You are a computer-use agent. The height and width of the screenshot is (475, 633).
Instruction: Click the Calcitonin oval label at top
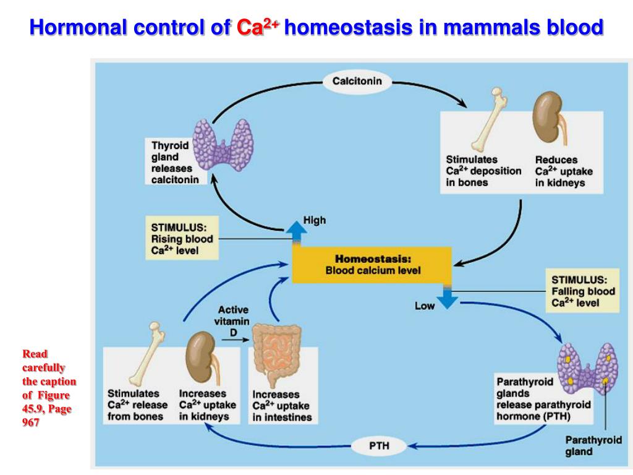pos(357,81)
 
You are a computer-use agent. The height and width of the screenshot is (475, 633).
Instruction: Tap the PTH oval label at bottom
pos(379,445)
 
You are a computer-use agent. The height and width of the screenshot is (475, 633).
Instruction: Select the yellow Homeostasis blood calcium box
pos(372,264)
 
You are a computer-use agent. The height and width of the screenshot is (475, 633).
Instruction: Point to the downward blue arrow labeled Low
pos(447,296)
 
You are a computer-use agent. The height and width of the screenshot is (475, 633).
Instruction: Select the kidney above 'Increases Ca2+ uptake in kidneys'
pos(200,359)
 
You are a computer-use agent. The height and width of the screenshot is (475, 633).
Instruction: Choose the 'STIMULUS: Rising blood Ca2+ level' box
pos(182,237)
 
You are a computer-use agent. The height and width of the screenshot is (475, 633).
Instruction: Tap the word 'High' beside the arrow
pos(315,220)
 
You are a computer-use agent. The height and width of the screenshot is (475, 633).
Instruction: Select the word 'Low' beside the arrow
pos(425,306)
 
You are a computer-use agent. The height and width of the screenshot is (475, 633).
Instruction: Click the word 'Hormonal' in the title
pos(74,27)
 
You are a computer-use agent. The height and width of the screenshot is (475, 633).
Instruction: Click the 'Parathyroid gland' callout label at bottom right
pos(593,445)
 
